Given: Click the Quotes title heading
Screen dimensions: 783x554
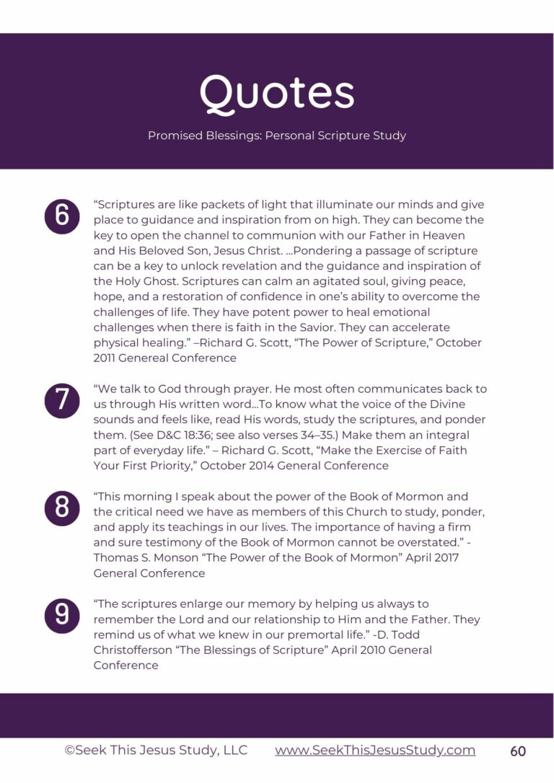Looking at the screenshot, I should coord(277,93).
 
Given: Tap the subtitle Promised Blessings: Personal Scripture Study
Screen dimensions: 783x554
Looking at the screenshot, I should coord(277,136).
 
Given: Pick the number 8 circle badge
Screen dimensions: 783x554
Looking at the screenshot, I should coord(62,508).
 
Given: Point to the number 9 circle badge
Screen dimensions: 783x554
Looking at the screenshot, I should coord(62,615).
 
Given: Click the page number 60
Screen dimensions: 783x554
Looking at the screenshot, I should coord(518,751).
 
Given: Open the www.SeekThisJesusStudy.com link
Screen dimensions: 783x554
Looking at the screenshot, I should coord(375,750).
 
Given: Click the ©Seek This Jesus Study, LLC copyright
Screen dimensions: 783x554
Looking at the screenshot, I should coord(156,750).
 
